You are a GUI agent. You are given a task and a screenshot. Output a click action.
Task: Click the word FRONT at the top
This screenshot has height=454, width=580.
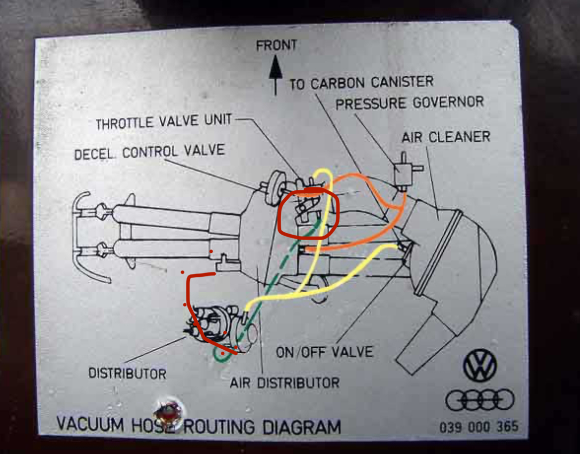(276, 46)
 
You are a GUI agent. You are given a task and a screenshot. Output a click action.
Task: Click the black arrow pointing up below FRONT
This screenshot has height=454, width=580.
(275, 74)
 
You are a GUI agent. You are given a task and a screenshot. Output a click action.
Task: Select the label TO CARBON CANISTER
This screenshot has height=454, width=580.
(361, 83)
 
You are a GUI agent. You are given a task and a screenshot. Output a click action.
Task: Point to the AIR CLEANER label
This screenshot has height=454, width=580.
(446, 137)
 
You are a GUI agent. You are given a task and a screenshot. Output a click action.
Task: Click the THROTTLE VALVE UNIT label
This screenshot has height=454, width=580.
(163, 122)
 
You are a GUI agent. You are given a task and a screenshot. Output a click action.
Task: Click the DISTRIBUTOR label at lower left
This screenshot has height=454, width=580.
(127, 373)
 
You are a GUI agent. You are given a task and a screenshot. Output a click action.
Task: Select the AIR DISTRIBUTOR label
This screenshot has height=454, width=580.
(284, 383)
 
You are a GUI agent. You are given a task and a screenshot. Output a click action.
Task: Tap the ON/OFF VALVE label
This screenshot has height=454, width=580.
(325, 352)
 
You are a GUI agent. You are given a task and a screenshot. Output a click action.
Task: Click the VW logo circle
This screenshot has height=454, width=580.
(480, 365)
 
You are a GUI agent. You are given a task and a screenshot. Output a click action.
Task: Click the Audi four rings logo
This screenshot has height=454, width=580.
(480, 400)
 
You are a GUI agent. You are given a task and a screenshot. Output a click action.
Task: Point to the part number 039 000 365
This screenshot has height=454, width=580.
(479, 426)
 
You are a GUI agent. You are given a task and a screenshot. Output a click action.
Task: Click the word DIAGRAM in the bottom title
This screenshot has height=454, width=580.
(301, 426)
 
